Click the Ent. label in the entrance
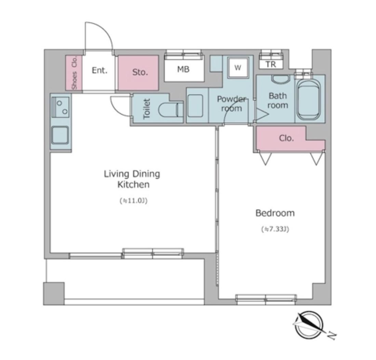pyautogui.click(x=99, y=70)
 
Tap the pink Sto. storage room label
pyautogui.click(x=140, y=72)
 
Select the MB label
pyautogui.click(x=183, y=69)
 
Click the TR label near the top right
pyautogui.click(x=271, y=64)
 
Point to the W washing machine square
pyautogui.click(x=238, y=68)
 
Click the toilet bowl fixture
pyautogui.click(x=171, y=110)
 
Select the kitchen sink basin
pyautogui.click(x=60, y=135)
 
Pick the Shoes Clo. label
pyautogui.click(x=75, y=73)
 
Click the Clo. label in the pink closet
pyautogui.click(x=286, y=138)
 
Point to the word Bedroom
pyautogui.click(x=275, y=213)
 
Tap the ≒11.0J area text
pyautogui.click(x=133, y=200)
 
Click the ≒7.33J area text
pyautogui.click(x=275, y=230)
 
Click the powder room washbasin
pyautogui.click(x=195, y=106)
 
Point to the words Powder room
pyautogui.click(x=231, y=103)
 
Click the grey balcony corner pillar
pyautogui.click(x=54, y=294)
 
